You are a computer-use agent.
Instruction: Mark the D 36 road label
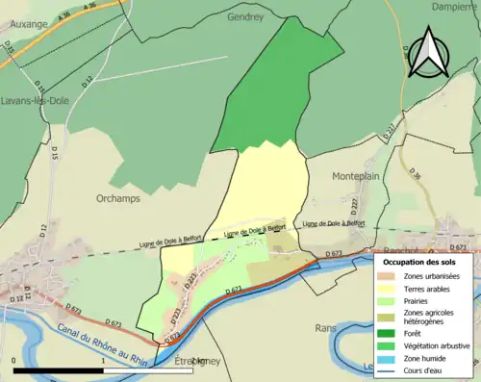416,173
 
